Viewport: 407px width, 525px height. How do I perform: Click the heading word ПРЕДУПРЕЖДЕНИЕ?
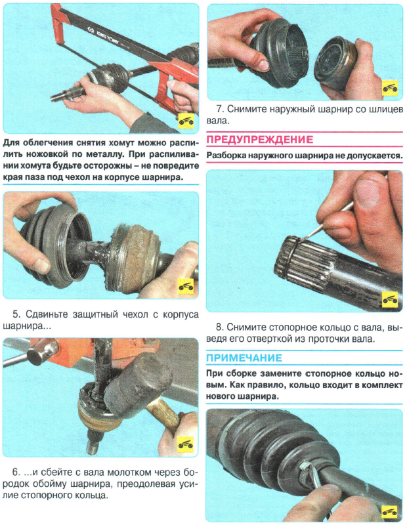[x=259, y=139]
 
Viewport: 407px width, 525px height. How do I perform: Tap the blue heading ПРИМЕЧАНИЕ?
[x=244, y=358]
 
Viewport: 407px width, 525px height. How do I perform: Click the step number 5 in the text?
[x=16, y=314]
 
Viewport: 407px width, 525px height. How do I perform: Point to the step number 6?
[x=16, y=472]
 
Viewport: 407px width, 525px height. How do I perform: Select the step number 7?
[x=219, y=109]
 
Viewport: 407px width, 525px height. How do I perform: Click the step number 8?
[x=219, y=327]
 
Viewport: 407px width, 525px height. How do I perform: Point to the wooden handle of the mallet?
[x=164, y=415]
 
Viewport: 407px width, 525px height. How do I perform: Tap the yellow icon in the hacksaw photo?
[x=186, y=121]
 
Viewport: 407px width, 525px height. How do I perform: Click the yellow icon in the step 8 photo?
[x=390, y=299]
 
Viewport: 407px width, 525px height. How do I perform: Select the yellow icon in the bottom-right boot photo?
[x=390, y=511]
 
